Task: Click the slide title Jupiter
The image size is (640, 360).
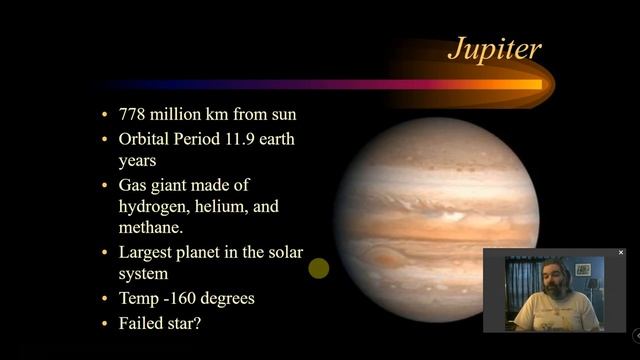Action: click(x=493, y=48)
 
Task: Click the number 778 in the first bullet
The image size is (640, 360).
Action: click(x=134, y=114)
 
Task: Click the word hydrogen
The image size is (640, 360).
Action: click(x=158, y=206)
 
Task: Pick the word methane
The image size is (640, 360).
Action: click(x=153, y=228)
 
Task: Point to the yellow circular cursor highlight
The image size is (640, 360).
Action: click(x=319, y=268)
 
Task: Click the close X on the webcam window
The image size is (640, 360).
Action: click(x=620, y=253)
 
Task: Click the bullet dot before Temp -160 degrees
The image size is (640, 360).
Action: click(x=106, y=299)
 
